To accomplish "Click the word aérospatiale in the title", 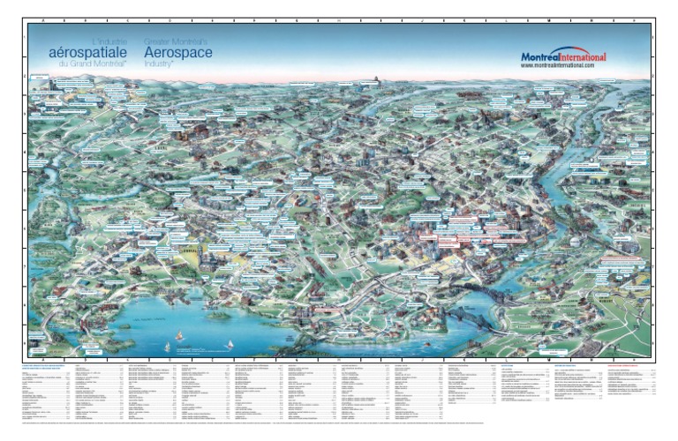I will coord(88,52).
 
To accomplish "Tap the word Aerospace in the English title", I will coord(177,52).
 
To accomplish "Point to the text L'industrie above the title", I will coord(109,41).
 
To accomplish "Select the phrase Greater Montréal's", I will coord(175,41).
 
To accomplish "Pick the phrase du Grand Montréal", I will coord(93,64).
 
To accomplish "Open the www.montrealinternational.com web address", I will coord(557,65).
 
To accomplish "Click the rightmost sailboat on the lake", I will coord(230,344).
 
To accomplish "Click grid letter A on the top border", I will coord(42,18).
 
